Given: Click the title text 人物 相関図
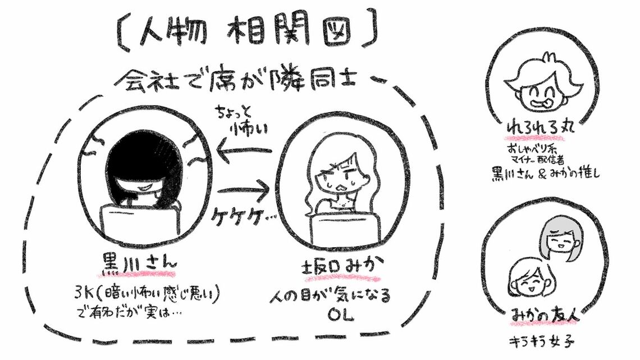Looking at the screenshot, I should (247, 33).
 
